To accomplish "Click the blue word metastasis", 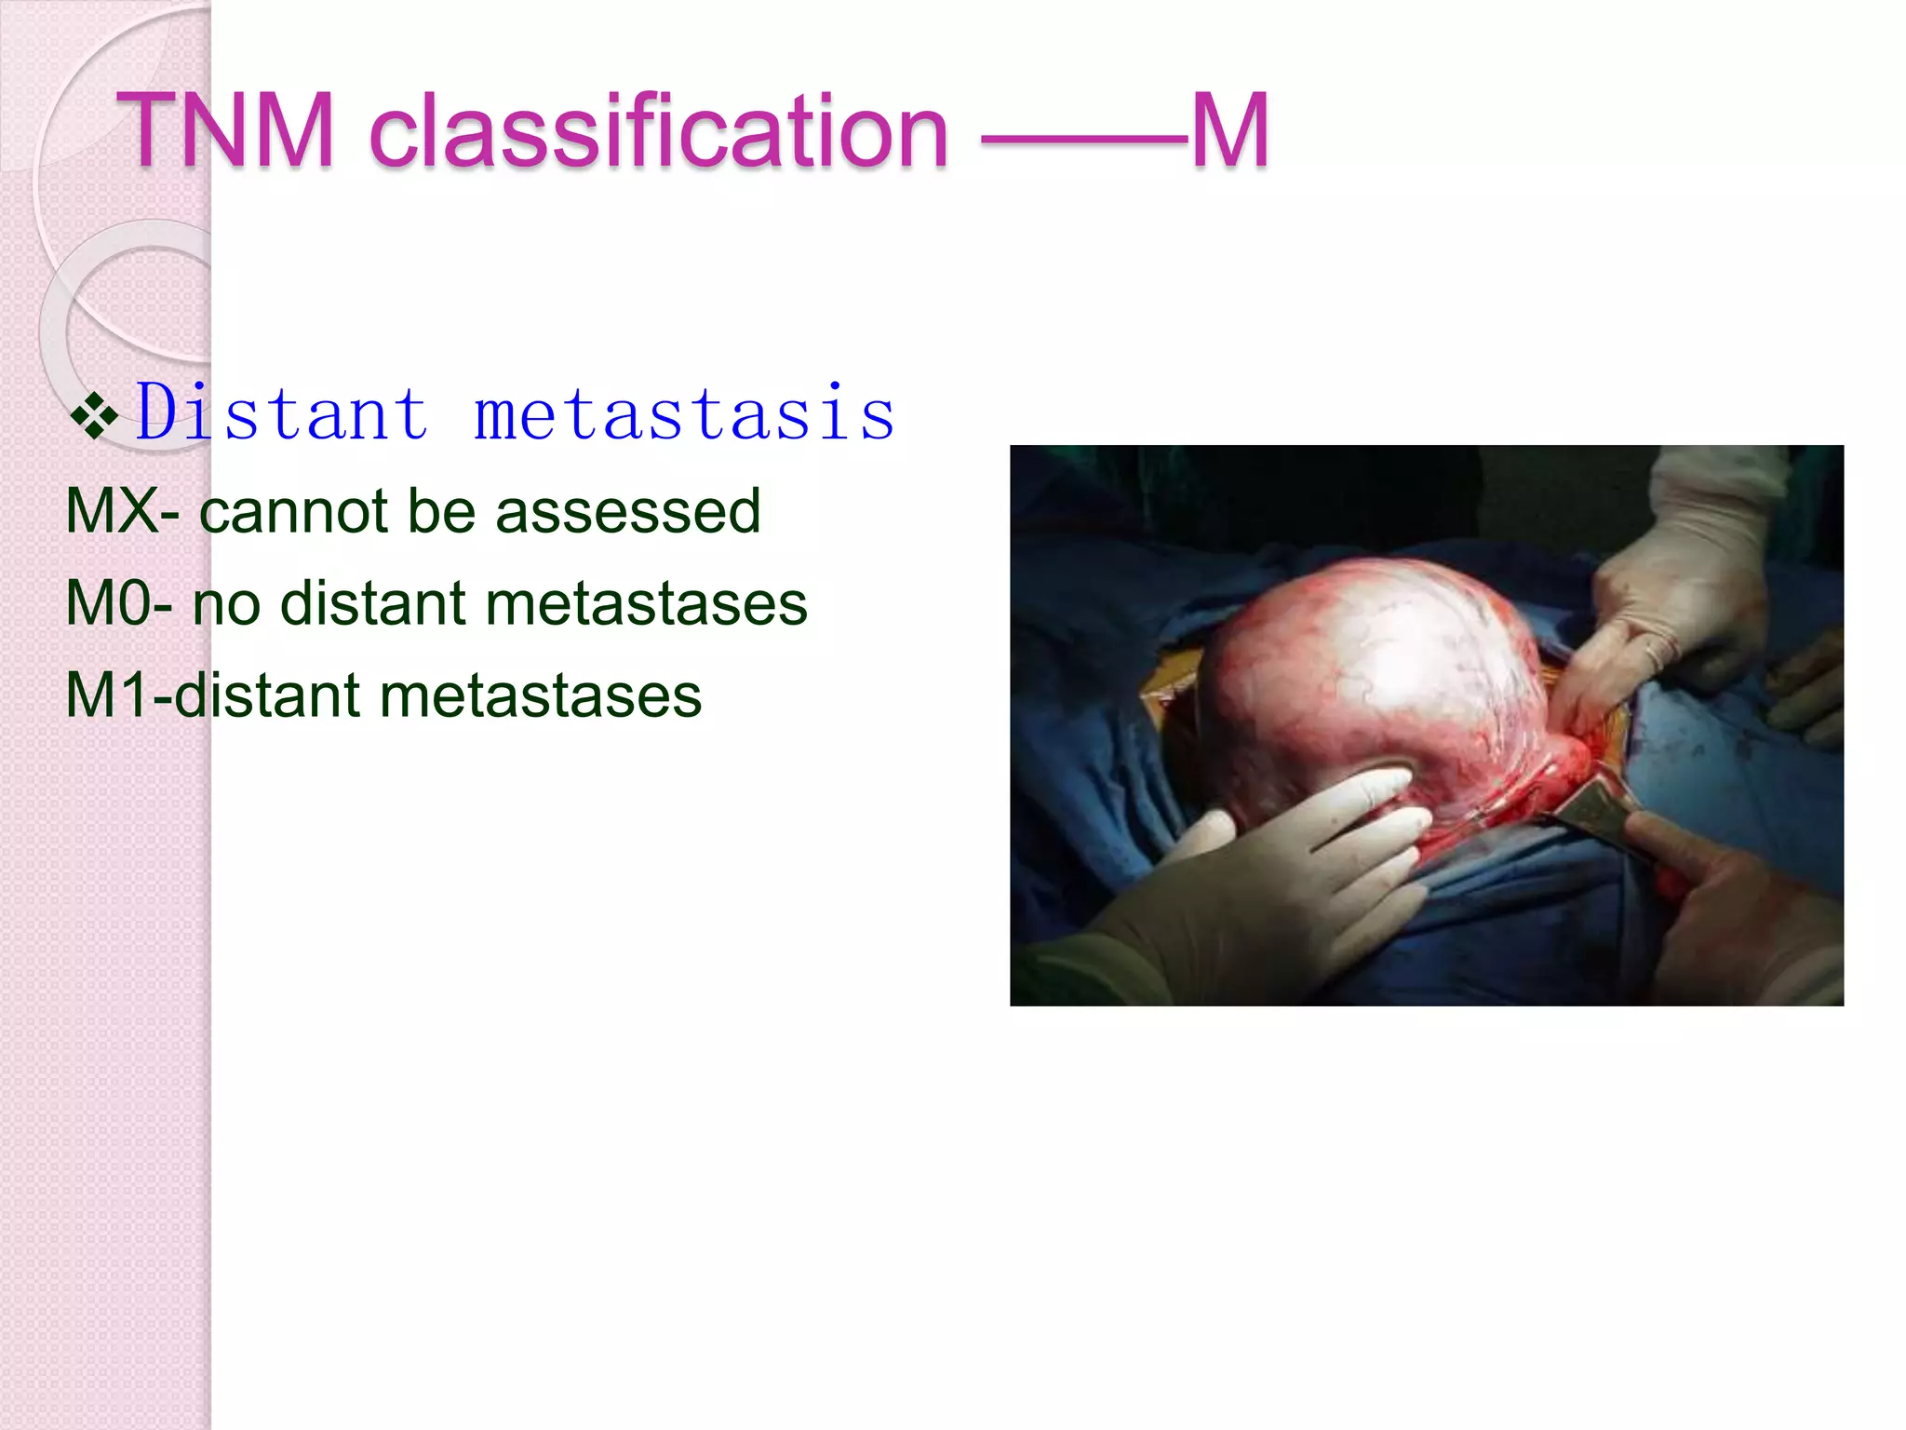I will click(684, 412).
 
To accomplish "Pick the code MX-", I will click(122, 511).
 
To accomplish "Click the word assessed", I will click(627, 511).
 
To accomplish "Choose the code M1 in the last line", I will click(106, 695).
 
